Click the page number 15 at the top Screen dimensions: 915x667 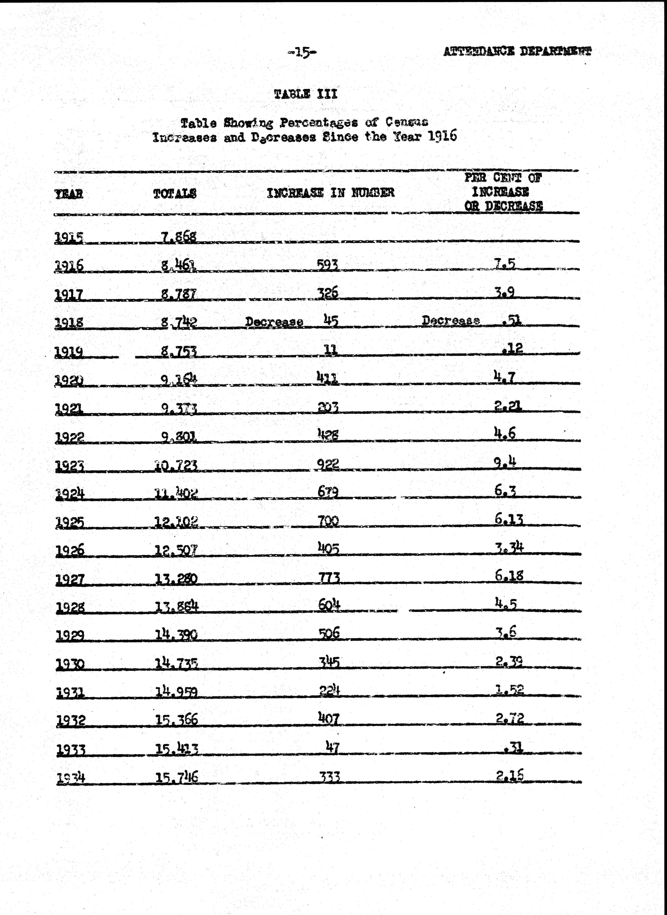pos(302,52)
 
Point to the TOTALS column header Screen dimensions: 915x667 pos(175,194)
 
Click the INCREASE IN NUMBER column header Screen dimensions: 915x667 pos(330,193)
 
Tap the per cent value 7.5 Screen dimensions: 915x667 pos(505,264)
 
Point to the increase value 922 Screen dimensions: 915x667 pos(328,465)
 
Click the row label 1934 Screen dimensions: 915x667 pos(71,778)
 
